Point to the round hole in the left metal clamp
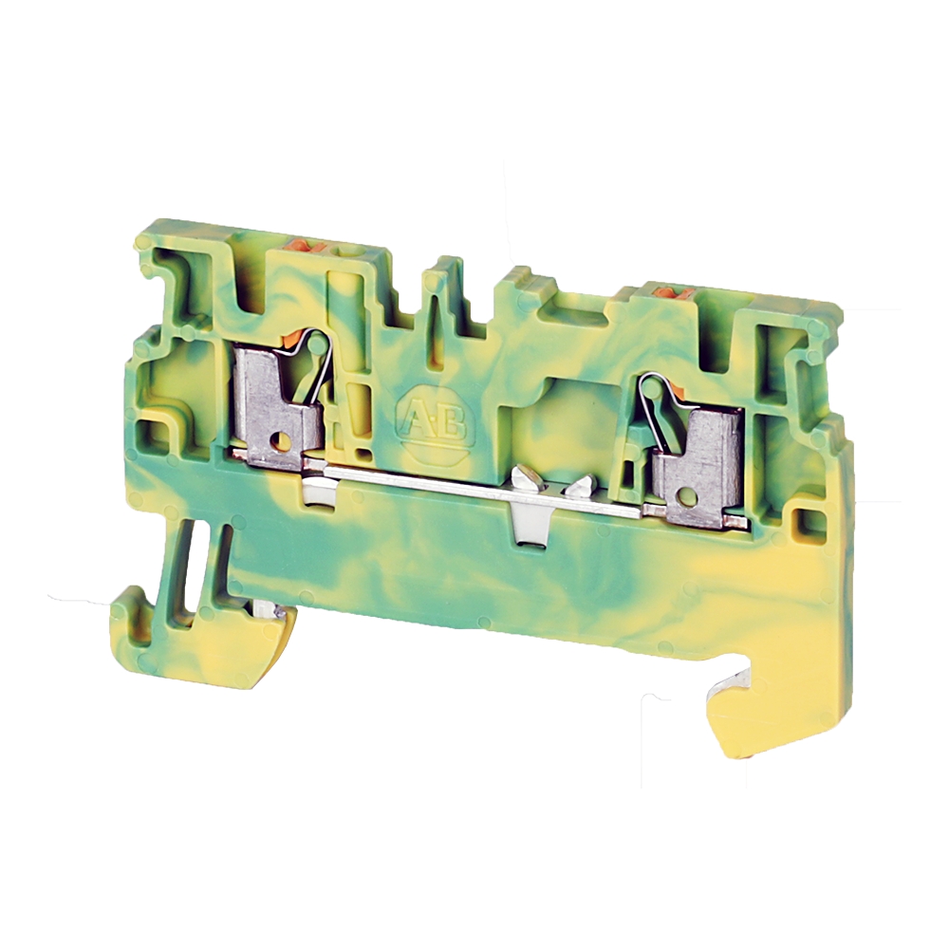tap(280, 438)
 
